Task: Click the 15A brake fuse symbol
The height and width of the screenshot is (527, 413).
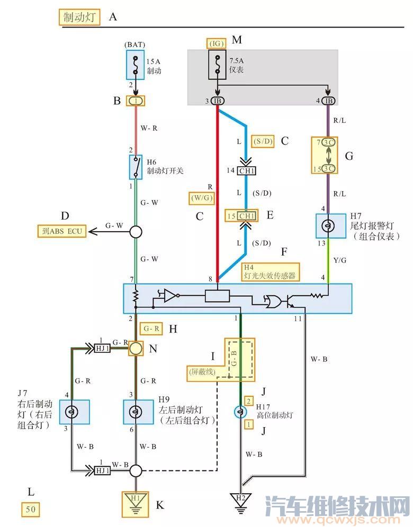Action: coord(136,66)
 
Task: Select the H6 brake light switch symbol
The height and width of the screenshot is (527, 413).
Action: coord(136,167)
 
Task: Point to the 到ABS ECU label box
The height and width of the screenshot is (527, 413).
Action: coord(62,231)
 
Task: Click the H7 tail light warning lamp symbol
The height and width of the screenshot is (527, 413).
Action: coord(328,226)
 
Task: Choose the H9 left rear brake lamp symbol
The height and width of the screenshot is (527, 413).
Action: coord(136,412)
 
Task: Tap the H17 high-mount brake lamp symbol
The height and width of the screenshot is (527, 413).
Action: coord(240,412)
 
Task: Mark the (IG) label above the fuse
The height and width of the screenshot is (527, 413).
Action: coord(216,42)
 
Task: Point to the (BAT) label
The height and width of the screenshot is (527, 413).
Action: coord(136,45)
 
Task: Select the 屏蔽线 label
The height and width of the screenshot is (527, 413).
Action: coord(202,372)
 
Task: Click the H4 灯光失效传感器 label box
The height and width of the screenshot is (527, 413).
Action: coord(269,271)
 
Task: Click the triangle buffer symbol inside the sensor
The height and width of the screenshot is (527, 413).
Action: coord(170,296)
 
